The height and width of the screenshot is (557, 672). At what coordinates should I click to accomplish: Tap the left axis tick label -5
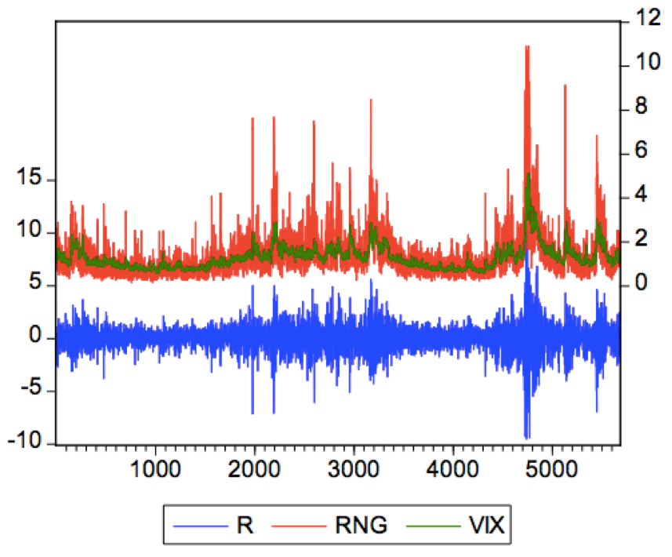tap(31, 390)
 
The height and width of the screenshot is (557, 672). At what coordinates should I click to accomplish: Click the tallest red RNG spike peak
tap(527, 47)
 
